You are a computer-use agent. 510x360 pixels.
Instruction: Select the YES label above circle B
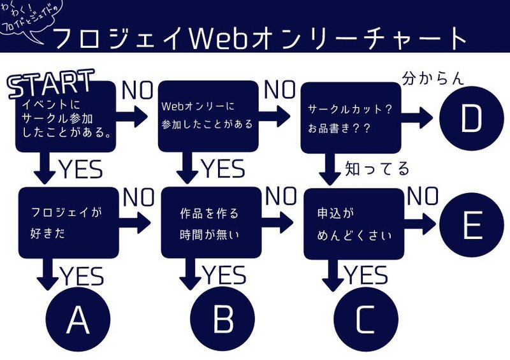pos(224,275)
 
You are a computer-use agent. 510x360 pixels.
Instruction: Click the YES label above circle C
pos(365,275)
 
